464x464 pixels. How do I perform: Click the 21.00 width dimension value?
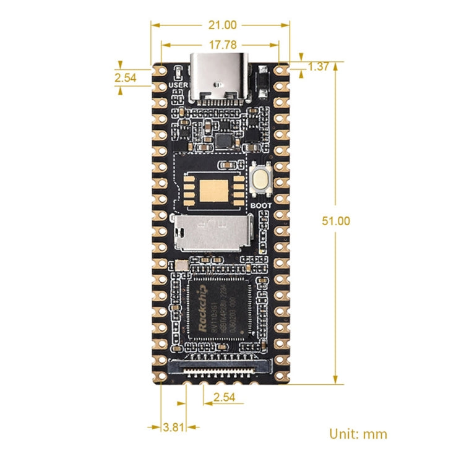221,25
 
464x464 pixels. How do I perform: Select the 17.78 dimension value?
221,45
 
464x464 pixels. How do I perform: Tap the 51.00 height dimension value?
335,221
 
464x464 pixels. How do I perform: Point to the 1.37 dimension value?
318,67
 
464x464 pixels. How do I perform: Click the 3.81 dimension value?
172,426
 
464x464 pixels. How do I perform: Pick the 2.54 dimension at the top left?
125,77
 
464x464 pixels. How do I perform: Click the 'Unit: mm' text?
358,434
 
